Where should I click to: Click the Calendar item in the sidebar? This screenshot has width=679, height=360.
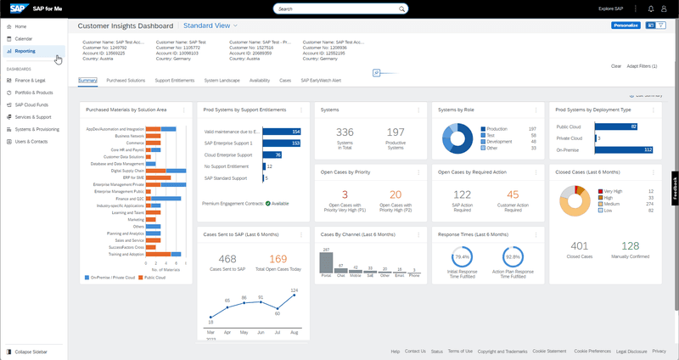point(24,39)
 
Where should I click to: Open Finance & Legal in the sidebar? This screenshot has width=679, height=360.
point(29,80)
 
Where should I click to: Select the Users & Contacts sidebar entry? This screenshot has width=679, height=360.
point(31,140)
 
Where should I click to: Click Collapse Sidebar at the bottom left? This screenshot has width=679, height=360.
point(31,351)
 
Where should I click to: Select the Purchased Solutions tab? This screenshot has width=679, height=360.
point(126,80)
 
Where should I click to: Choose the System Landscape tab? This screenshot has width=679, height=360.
point(222,80)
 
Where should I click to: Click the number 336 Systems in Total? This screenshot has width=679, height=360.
point(345,132)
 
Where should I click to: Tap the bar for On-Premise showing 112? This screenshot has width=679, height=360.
point(624,149)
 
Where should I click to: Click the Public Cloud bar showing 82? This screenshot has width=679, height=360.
point(617,127)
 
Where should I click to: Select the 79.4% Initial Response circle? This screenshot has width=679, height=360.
point(463,256)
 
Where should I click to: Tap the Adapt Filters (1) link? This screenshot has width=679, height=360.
point(642,65)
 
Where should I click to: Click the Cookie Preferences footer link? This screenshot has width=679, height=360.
point(592,351)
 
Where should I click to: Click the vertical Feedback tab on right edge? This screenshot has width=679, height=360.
point(675,188)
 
